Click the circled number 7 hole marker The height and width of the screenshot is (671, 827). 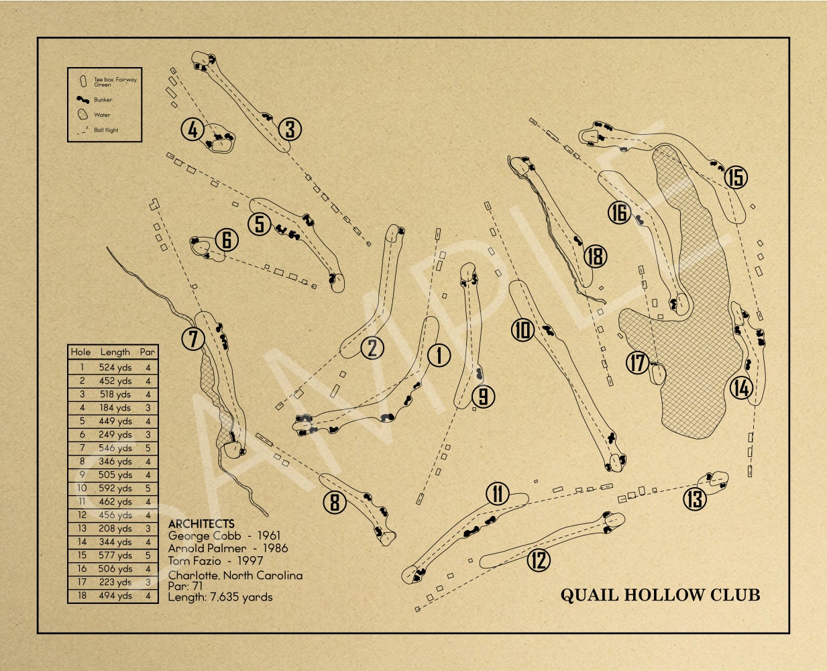click(193, 339)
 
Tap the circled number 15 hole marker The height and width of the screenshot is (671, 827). click(736, 178)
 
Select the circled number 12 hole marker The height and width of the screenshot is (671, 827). click(539, 560)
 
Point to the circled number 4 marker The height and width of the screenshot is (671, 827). click(193, 130)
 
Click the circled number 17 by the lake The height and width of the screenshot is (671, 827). click(637, 363)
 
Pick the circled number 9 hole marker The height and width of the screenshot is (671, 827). click(483, 397)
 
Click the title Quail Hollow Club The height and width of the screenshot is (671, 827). click(660, 595)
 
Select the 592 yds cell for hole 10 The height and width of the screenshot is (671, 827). click(115, 488)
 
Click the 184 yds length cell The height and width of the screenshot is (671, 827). click(115, 408)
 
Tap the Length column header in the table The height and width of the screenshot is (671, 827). click(115, 352)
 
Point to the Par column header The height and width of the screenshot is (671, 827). click(148, 352)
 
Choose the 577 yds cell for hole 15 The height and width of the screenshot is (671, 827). click(115, 556)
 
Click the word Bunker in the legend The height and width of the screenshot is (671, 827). click(103, 100)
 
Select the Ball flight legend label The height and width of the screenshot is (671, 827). click(106, 130)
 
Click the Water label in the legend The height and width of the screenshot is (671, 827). click(102, 115)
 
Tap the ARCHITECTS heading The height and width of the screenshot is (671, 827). click(201, 524)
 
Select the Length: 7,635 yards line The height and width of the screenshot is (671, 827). click(220, 597)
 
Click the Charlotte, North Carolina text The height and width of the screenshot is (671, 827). click(235, 576)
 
